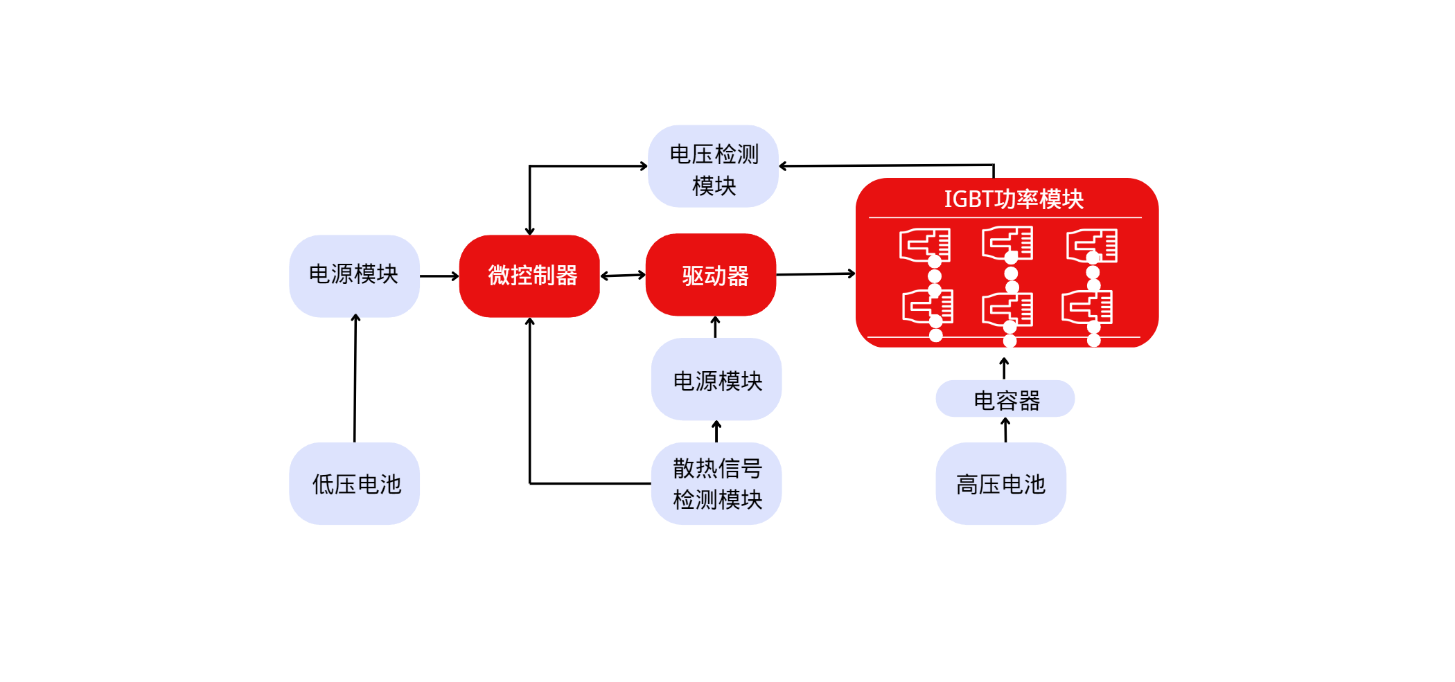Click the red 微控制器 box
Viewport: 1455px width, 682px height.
529,276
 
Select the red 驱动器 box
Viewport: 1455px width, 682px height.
711,276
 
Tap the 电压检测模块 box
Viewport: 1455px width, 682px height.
713,167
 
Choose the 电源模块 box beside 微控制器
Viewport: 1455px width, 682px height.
354,276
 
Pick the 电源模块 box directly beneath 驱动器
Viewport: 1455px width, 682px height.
716,379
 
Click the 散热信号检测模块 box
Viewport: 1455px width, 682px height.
716,483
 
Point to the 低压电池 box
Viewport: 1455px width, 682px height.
354,483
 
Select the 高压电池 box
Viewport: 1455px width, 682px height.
1000,483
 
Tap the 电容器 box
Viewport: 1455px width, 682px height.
1005,399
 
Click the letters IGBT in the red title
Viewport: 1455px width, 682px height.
969,199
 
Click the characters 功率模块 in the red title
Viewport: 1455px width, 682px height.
1039,199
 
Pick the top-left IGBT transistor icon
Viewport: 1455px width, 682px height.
924,245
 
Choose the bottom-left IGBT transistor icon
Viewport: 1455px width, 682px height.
927,307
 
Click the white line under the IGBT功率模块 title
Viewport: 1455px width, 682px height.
1005,217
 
